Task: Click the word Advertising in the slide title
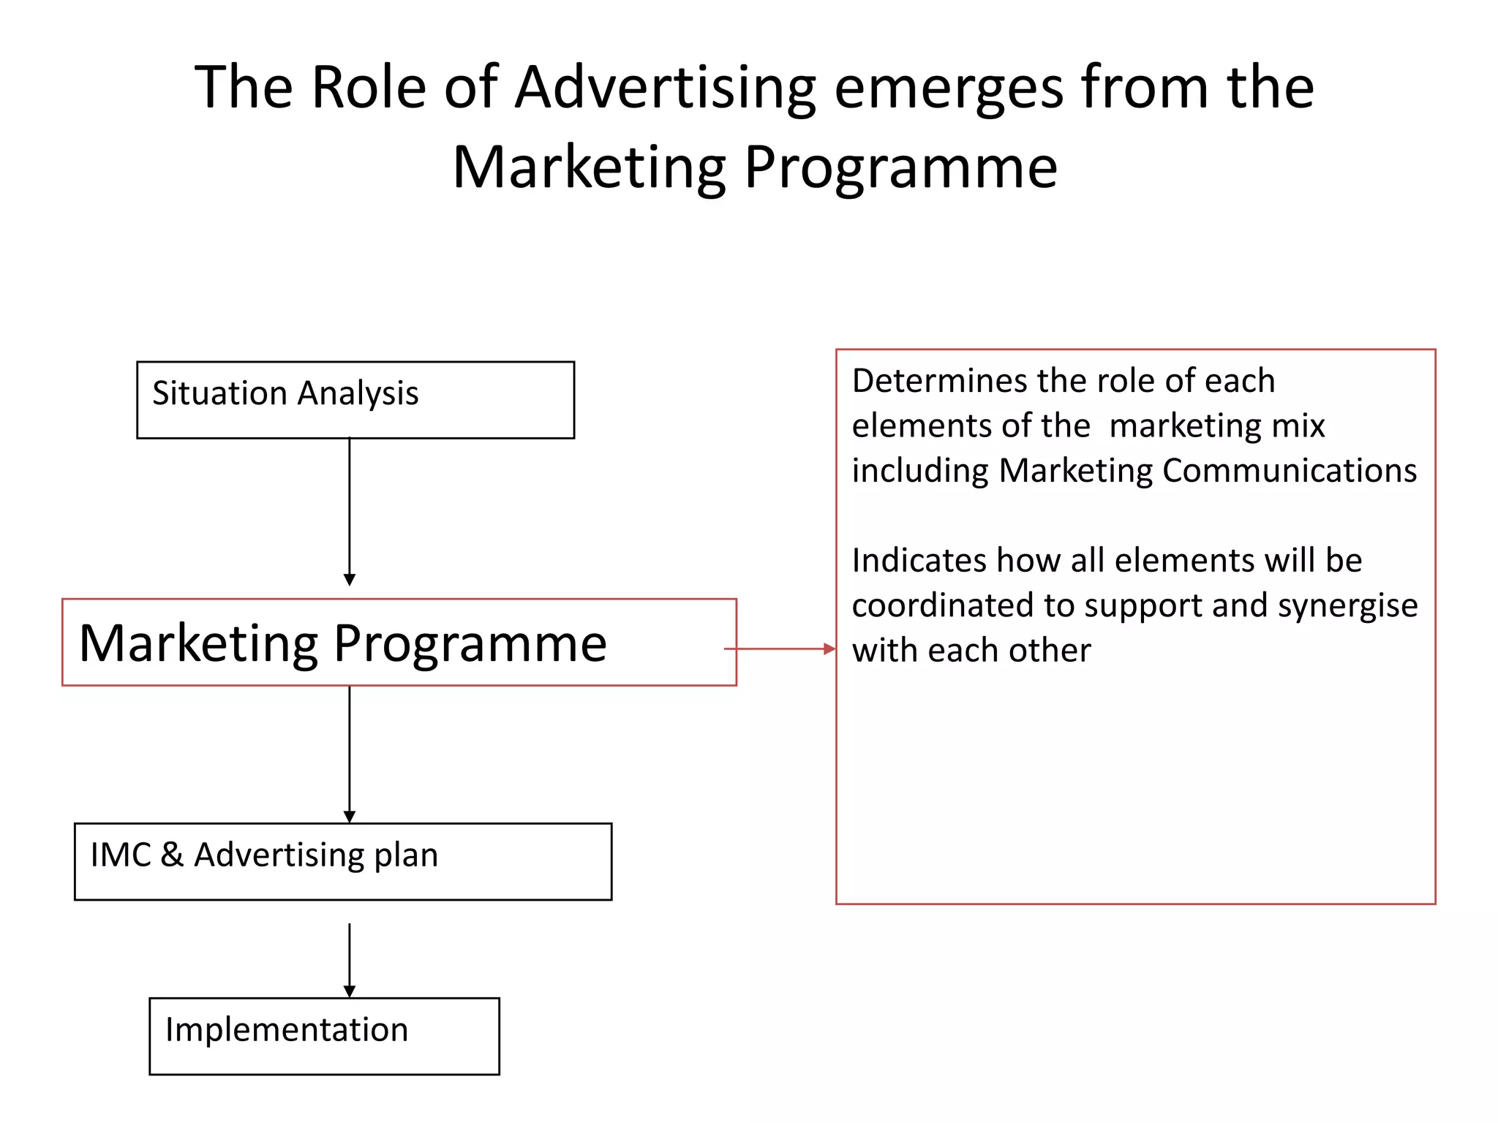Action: click(665, 88)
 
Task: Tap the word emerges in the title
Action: click(948, 88)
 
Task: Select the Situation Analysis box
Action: click(355, 400)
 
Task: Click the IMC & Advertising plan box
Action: click(342, 861)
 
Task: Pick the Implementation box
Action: click(324, 1035)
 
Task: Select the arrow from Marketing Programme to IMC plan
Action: click(350, 753)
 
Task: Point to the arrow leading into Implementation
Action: click(350, 959)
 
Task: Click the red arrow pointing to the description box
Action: click(780, 649)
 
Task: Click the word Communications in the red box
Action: click(1289, 471)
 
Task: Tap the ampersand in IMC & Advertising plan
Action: click(172, 854)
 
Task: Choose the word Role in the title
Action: click(369, 88)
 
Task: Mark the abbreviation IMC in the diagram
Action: click(120, 854)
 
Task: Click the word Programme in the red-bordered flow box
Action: click(470, 644)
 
